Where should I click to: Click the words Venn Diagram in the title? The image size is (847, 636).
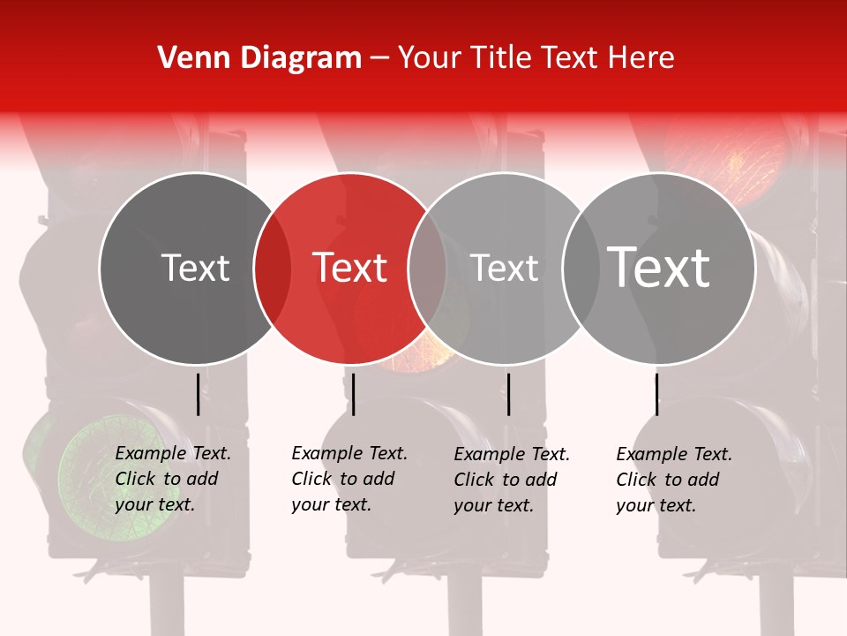click(x=259, y=58)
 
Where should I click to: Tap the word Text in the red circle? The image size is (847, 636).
click(x=349, y=268)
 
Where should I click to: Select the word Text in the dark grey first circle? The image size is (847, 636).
click(x=195, y=268)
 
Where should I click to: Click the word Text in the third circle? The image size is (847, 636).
click(x=504, y=268)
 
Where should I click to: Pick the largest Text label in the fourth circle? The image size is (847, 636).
click(x=658, y=268)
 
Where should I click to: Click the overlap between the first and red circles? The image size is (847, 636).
click(x=272, y=269)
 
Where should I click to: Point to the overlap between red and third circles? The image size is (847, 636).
click(x=427, y=269)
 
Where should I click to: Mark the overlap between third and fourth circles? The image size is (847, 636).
click(x=581, y=269)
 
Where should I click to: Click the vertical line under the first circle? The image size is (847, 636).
click(x=198, y=394)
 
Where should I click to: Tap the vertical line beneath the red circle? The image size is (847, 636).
click(x=353, y=394)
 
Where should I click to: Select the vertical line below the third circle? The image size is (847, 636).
click(x=508, y=394)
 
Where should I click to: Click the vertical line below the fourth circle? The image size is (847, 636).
click(x=656, y=394)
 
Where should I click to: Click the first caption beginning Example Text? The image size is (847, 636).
click(x=172, y=479)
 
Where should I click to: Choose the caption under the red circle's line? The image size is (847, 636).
click(x=349, y=479)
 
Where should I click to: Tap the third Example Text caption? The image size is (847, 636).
click(x=511, y=480)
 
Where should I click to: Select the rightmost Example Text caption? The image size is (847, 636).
click(x=673, y=480)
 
